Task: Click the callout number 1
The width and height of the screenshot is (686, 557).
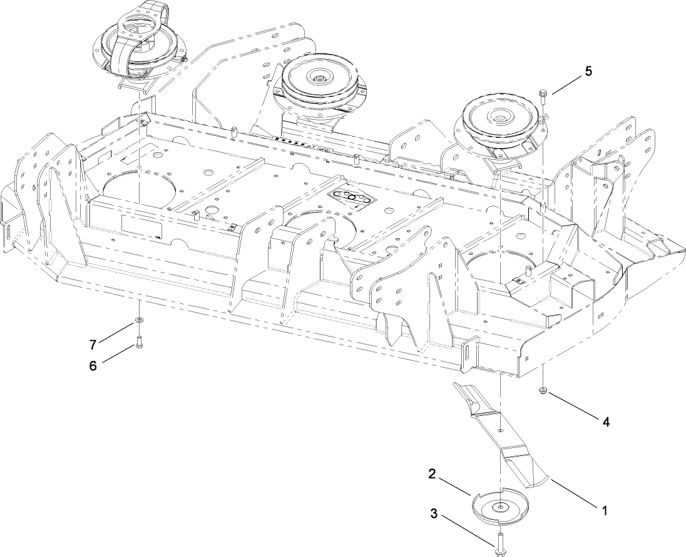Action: (x=604, y=511)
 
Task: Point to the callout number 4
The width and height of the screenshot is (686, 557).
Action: (x=605, y=422)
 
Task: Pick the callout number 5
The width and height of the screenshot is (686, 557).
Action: (x=588, y=71)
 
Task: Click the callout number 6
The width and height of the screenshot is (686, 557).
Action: (x=93, y=366)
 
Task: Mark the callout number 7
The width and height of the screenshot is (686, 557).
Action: (x=93, y=344)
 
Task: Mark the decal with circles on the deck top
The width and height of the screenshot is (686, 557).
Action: (x=352, y=198)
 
